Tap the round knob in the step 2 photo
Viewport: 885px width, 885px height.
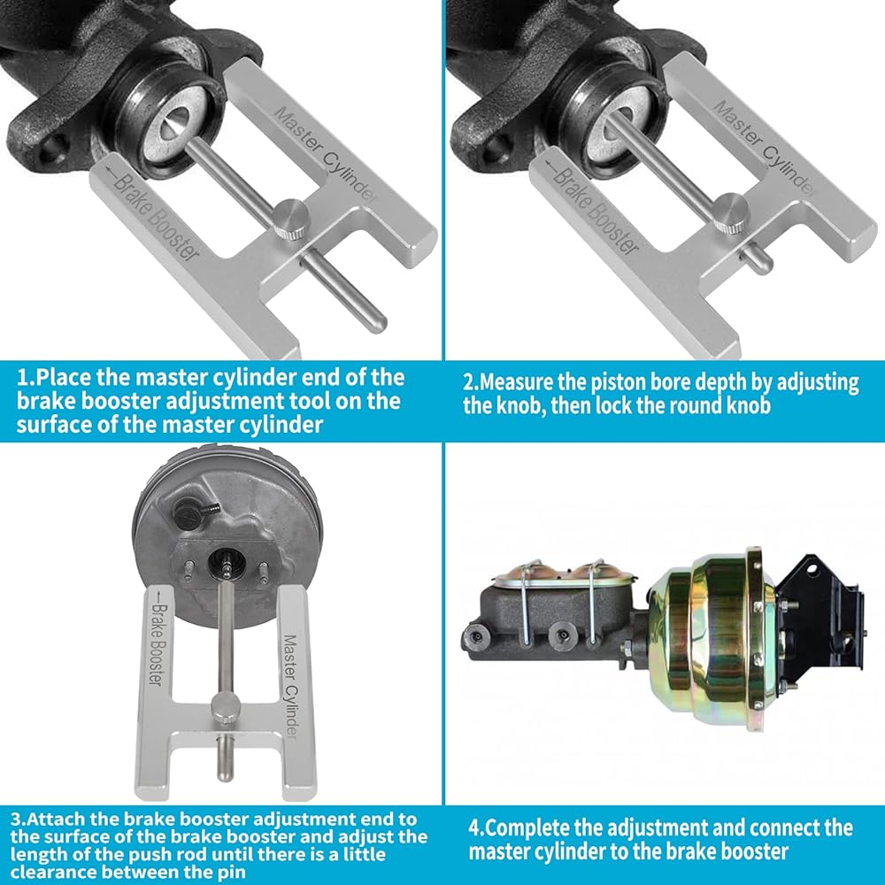(731, 212)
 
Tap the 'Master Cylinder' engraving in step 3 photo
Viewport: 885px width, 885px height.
(290, 686)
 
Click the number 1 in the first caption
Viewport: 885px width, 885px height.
(23, 377)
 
